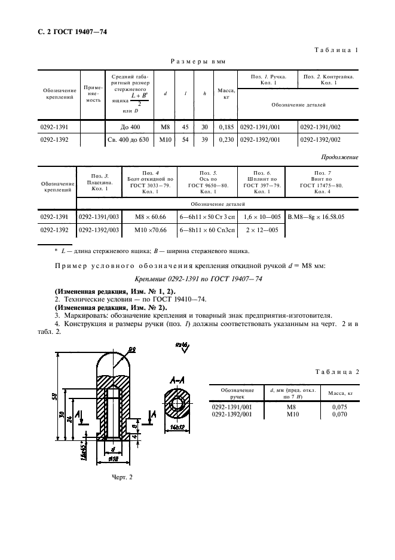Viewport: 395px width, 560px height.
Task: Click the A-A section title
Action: tap(176, 380)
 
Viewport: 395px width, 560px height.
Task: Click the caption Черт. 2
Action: tap(122, 477)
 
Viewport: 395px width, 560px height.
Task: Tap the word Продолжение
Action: tap(339, 157)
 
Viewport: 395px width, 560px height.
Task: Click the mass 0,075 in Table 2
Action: tap(339, 407)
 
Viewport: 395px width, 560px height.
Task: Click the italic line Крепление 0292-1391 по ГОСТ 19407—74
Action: tap(197, 279)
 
